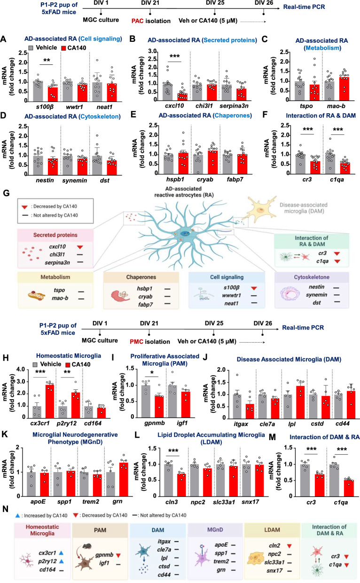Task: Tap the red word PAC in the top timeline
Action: pos(144,21)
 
